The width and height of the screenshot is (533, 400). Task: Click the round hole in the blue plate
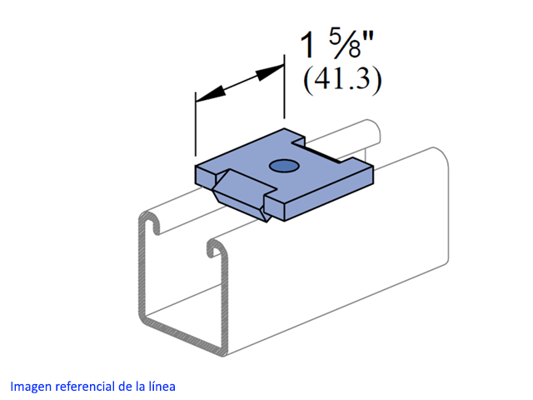coord(284,166)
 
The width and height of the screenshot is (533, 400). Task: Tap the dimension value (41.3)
coord(342,80)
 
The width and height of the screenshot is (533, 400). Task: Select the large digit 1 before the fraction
coord(307,45)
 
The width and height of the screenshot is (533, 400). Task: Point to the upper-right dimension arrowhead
coord(270,72)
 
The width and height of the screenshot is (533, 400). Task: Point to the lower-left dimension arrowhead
coord(211,93)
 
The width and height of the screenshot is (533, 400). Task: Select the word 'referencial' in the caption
coord(85,387)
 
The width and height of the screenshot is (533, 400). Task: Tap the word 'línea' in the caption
coord(162,387)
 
